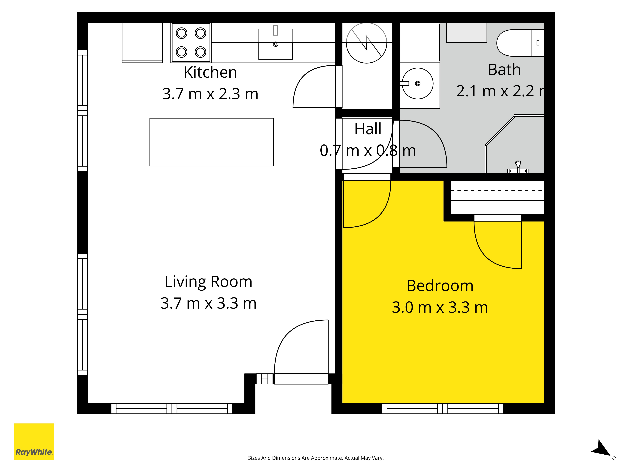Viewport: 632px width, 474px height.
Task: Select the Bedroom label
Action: pos(440,286)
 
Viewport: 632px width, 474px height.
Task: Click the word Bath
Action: pos(504,69)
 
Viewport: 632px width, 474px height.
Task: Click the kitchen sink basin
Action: pos(275,44)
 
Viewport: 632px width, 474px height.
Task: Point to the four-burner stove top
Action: pos(191,43)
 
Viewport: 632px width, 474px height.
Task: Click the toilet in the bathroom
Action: pos(520,43)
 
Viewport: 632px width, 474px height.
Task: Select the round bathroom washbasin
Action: pos(417,83)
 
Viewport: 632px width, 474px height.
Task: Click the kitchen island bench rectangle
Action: pos(212,142)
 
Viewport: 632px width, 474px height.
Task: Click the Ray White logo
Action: pos(34,441)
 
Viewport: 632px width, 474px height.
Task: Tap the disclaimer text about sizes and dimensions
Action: pos(316,458)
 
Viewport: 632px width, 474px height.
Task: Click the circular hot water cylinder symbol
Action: pos(367,43)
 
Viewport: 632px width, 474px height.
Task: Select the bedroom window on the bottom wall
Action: pos(443,409)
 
